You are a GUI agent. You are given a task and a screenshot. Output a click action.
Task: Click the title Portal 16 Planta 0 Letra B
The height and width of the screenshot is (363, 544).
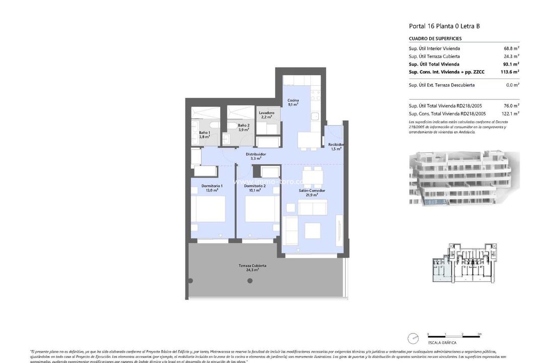pos(444,26)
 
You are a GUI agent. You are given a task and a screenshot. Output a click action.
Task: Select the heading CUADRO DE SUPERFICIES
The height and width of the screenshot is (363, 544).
pos(435,39)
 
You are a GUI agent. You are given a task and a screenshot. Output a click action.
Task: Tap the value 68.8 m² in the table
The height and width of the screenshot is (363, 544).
pos(511,48)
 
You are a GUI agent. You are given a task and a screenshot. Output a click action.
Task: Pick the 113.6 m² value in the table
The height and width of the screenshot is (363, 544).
pos(510,72)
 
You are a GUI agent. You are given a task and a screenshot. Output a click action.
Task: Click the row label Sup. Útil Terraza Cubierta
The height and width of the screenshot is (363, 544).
pos(434,56)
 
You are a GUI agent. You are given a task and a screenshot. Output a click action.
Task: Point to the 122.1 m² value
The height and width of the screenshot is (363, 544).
pos(510,113)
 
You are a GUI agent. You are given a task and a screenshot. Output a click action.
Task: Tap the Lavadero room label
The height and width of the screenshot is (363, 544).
pos(266,114)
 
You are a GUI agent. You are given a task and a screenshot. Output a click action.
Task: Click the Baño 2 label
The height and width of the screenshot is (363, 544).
pos(244,127)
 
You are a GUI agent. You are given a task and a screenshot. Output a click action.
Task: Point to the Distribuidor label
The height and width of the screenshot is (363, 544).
pos(255,156)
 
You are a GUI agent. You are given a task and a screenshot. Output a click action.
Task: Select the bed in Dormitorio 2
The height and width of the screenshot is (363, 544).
pos(260,208)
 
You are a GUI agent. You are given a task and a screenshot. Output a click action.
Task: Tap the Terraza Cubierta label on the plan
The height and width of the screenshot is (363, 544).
pos(252,267)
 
